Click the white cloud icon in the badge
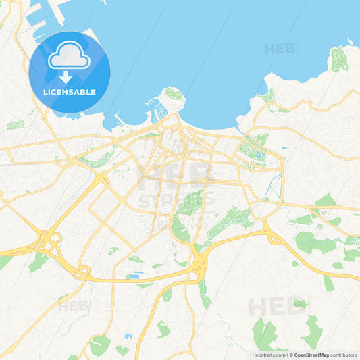pyautogui.click(x=69, y=57)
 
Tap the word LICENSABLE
pyautogui.click(x=69, y=91)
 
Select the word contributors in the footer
pyautogui.click(x=344, y=355)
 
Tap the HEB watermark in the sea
pyautogui.click(x=280, y=49)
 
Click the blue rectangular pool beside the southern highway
pyautogui.click(x=138, y=274)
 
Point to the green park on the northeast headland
pyautogui.click(x=339, y=59)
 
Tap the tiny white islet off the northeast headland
pyautogui.click(x=351, y=43)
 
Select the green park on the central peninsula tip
pyautogui.click(x=174, y=93)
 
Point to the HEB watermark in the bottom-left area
pyautogui.click(x=73, y=306)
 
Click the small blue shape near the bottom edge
pyautogui.click(x=128, y=336)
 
